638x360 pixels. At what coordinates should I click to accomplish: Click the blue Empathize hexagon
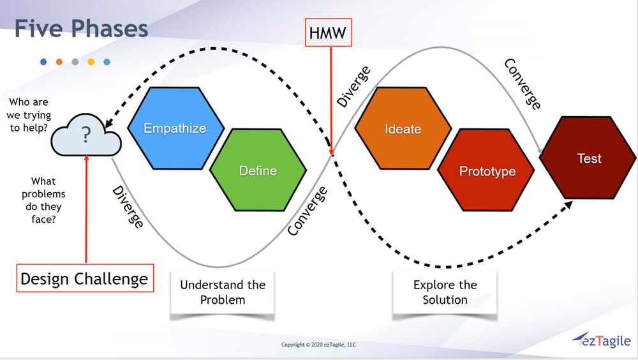click(175, 128)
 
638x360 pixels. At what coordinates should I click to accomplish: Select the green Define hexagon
click(258, 170)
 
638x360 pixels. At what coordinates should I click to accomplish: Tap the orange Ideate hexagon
click(403, 129)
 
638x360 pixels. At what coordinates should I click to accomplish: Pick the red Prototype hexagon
click(487, 171)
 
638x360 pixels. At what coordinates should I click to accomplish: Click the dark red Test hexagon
click(588, 158)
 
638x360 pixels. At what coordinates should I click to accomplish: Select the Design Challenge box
click(85, 278)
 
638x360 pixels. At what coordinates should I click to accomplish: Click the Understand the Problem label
click(222, 292)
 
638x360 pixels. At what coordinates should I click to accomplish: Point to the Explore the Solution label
click(445, 292)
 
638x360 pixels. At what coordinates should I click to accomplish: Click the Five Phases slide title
click(81, 28)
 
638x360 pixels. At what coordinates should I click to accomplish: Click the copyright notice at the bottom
click(318, 345)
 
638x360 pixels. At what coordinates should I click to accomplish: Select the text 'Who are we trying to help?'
click(29, 116)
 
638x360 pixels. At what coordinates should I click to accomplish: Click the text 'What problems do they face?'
click(43, 200)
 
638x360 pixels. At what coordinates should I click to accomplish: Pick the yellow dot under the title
click(91, 62)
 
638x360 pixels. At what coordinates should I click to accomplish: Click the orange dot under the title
click(59, 62)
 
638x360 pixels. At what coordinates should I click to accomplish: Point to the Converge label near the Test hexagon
click(523, 84)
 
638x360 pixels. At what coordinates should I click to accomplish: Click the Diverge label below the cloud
click(128, 207)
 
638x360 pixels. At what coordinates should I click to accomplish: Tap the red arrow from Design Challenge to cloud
click(85, 211)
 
